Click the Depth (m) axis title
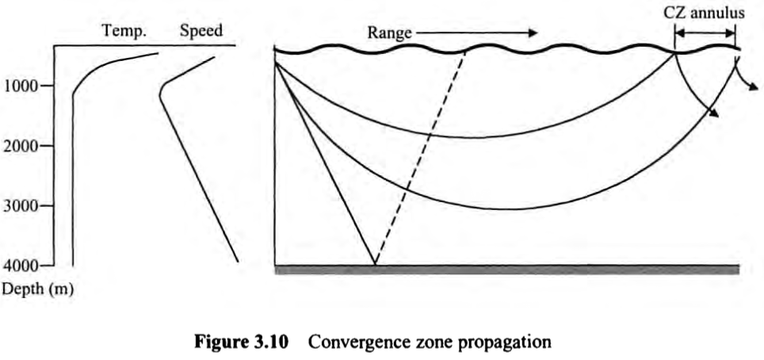click(37, 289)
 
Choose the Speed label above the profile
click(201, 31)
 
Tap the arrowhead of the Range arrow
click(533, 33)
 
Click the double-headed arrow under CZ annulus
click(705, 33)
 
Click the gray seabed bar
click(506, 269)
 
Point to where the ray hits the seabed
click(375, 264)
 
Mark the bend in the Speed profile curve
click(161, 95)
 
